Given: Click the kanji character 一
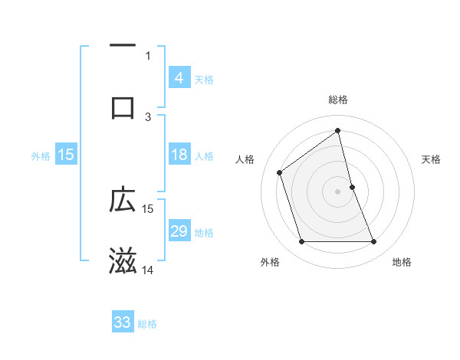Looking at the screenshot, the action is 123,47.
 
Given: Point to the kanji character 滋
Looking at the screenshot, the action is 123,261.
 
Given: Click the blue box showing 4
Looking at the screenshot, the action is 179,77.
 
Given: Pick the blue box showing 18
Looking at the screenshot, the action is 179,155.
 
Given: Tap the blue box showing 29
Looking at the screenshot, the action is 179,231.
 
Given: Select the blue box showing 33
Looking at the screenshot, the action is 123,322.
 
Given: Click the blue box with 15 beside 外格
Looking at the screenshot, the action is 66,155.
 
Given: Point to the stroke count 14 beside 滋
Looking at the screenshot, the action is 148,270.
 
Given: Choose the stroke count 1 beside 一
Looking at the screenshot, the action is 148,55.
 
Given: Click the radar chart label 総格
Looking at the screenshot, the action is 338,100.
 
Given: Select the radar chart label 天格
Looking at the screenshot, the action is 432,159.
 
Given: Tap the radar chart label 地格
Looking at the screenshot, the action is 402,262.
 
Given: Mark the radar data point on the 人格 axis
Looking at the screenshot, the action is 280,172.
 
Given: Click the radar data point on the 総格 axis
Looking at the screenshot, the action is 338,131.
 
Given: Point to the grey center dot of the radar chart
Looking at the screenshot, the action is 338,191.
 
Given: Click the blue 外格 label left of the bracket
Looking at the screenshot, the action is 41,155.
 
